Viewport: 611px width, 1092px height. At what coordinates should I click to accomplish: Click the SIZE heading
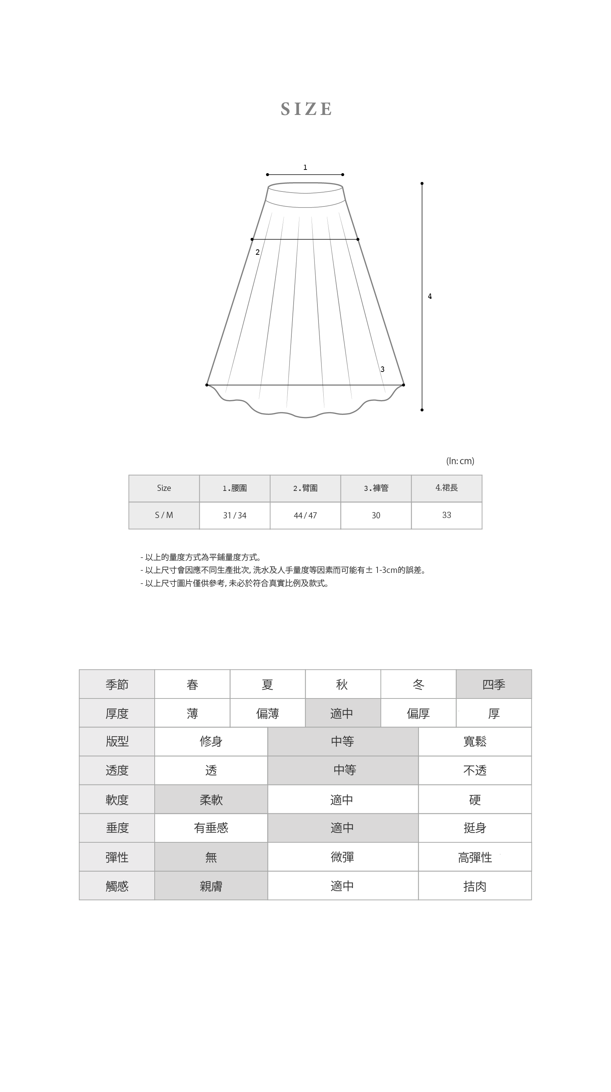coord(306,109)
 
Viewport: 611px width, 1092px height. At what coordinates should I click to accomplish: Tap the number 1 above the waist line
coord(305,167)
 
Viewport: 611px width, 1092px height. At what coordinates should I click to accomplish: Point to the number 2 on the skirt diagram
coord(258,252)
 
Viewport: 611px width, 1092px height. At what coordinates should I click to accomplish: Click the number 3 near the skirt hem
coord(382,369)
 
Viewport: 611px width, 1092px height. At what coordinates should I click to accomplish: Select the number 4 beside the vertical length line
coord(430,296)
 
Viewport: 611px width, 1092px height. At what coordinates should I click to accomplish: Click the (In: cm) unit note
coord(460,461)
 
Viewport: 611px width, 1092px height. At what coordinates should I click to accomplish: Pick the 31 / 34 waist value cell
coord(235,515)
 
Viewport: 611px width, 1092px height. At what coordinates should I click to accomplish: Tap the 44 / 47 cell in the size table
coord(305,515)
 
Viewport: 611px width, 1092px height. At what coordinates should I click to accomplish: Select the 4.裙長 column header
coord(446,488)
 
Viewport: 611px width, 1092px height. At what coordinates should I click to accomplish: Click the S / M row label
coord(164,515)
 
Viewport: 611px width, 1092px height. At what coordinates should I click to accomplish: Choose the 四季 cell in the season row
coord(493,685)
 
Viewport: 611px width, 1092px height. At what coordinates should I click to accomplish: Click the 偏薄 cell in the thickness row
coord(267,713)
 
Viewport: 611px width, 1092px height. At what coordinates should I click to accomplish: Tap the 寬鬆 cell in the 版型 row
coord(475,741)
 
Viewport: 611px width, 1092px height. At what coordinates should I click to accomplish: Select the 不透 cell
coord(475,770)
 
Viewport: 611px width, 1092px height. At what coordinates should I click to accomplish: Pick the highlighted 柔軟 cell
coord(211,800)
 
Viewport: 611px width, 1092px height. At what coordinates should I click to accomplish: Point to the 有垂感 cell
coord(211,828)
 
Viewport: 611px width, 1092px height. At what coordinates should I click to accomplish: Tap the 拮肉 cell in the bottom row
coord(475,886)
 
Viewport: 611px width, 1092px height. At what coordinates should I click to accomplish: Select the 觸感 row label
coord(117,886)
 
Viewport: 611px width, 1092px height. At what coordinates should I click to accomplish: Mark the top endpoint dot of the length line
coord(422,183)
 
